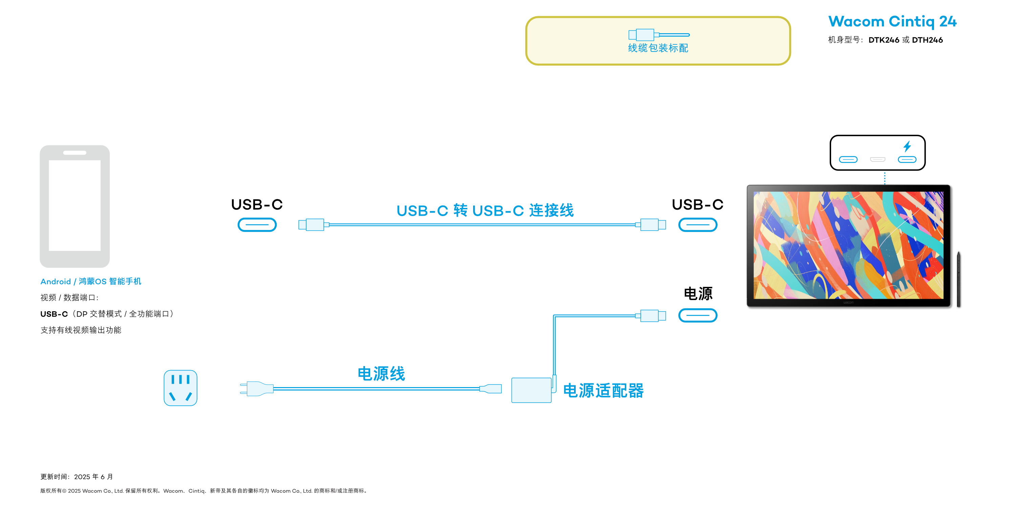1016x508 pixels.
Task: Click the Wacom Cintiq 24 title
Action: pos(892,21)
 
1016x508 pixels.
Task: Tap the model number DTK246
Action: pos(884,40)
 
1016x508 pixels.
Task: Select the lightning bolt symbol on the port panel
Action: pos(907,146)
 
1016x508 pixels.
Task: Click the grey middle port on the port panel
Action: pos(877,159)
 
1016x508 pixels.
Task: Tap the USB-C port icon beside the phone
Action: pos(257,225)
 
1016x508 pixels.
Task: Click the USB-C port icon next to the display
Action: pos(697,225)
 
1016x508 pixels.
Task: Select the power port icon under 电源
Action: pos(697,316)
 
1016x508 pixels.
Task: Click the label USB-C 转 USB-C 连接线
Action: pos(485,210)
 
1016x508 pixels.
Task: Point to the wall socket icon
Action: pos(180,388)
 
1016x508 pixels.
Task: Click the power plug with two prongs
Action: pos(256,388)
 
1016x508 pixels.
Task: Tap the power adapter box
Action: pos(531,390)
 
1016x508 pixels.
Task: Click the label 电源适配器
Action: pos(603,390)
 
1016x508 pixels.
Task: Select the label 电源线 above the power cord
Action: pos(381,374)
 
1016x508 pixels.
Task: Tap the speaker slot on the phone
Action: pos(75,153)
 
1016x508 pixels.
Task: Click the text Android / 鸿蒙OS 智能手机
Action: pos(91,281)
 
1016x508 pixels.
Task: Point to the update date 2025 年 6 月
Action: pos(93,477)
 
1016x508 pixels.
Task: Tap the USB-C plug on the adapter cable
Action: pos(651,316)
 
